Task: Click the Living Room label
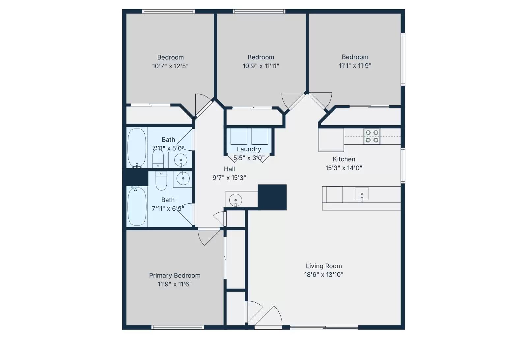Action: tap(323, 266)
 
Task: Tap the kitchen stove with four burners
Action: tap(372, 136)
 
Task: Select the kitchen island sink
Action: tap(362, 195)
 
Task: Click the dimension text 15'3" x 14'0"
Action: tap(344, 168)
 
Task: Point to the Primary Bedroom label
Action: tap(175, 275)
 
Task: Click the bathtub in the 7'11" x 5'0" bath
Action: tap(137, 147)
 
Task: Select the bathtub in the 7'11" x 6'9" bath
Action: tap(137, 206)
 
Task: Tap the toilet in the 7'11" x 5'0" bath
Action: tap(158, 159)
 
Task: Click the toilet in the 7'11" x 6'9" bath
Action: tap(161, 181)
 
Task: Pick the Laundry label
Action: tap(249, 149)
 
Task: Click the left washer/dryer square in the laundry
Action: tap(239, 136)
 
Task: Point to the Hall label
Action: tap(229, 169)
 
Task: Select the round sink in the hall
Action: tap(236, 200)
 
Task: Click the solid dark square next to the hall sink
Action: tap(272, 197)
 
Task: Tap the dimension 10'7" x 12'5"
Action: tap(170, 66)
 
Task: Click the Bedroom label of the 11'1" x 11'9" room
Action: tap(355, 57)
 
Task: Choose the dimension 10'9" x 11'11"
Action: tap(261, 66)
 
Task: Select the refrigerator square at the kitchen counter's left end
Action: tap(331, 140)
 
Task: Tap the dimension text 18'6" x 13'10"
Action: tap(323, 275)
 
